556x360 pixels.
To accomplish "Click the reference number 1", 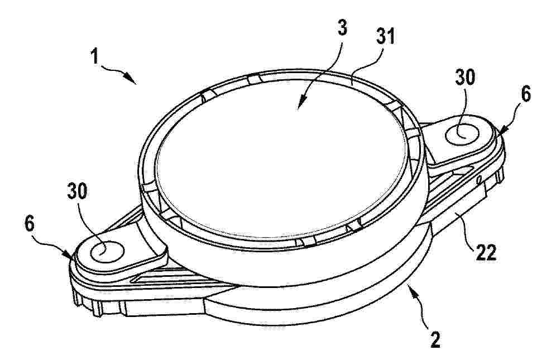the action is (x=94, y=56).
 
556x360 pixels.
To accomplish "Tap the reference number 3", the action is (x=342, y=28).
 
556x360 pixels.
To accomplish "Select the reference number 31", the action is (x=385, y=36).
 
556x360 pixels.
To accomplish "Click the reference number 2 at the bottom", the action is (x=435, y=339).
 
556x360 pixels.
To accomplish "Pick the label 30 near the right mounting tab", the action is (x=464, y=78).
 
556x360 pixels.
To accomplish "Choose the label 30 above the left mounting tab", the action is (x=76, y=192).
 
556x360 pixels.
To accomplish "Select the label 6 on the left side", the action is (x=30, y=224).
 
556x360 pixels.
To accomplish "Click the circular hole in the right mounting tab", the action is (x=462, y=135).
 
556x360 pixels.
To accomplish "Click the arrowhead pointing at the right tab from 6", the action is (x=504, y=132).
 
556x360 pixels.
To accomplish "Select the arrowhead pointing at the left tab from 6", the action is (x=70, y=255).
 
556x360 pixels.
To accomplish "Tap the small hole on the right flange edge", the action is (x=478, y=179).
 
